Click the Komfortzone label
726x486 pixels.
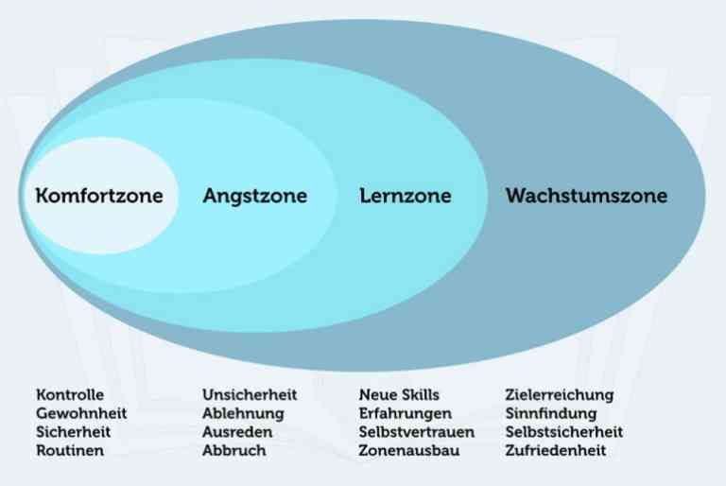[99, 195]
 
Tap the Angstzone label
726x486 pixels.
[255, 197]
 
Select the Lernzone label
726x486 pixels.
[406, 195]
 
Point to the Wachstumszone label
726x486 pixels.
[586, 195]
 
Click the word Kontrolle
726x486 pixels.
[70, 394]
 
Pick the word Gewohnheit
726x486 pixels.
[81, 413]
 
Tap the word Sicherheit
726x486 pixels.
[73, 432]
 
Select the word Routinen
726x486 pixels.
[70, 450]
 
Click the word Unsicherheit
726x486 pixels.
[250, 394]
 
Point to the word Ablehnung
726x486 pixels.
[243, 414]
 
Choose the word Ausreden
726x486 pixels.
[237, 432]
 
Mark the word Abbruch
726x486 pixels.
[233, 450]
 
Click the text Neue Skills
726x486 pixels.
[399, 394]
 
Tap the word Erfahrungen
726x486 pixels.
[406, 414]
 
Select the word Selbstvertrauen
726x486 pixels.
[417, 432]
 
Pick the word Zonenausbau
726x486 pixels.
[409, 450]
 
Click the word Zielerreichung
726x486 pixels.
[560, 395]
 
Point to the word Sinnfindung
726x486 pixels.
[551, 414]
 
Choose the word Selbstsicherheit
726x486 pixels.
[564, 432]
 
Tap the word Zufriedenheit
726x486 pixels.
[556, 450]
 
